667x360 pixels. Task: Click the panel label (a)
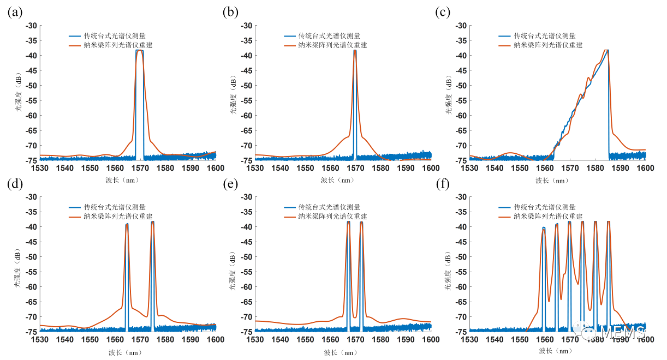tap(15, 13)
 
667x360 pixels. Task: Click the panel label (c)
tap(445, 13)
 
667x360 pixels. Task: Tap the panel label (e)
tap(230, 184)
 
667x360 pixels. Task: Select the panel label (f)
tap(445, 184)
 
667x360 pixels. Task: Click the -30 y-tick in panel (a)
tap(31, 26)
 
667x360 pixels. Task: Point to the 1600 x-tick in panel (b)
tap(431, 168)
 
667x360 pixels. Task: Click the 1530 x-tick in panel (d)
tap(40, 339)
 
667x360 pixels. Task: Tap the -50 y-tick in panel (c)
tap(461, 86)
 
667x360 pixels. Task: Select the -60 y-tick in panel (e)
tap(246, 287)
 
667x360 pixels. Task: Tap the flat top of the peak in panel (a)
tap(140, 50)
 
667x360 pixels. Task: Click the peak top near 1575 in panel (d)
tap(152, 222)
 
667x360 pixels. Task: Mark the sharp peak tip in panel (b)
tap(355, 50)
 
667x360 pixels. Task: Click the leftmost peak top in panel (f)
tap(544, 228)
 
